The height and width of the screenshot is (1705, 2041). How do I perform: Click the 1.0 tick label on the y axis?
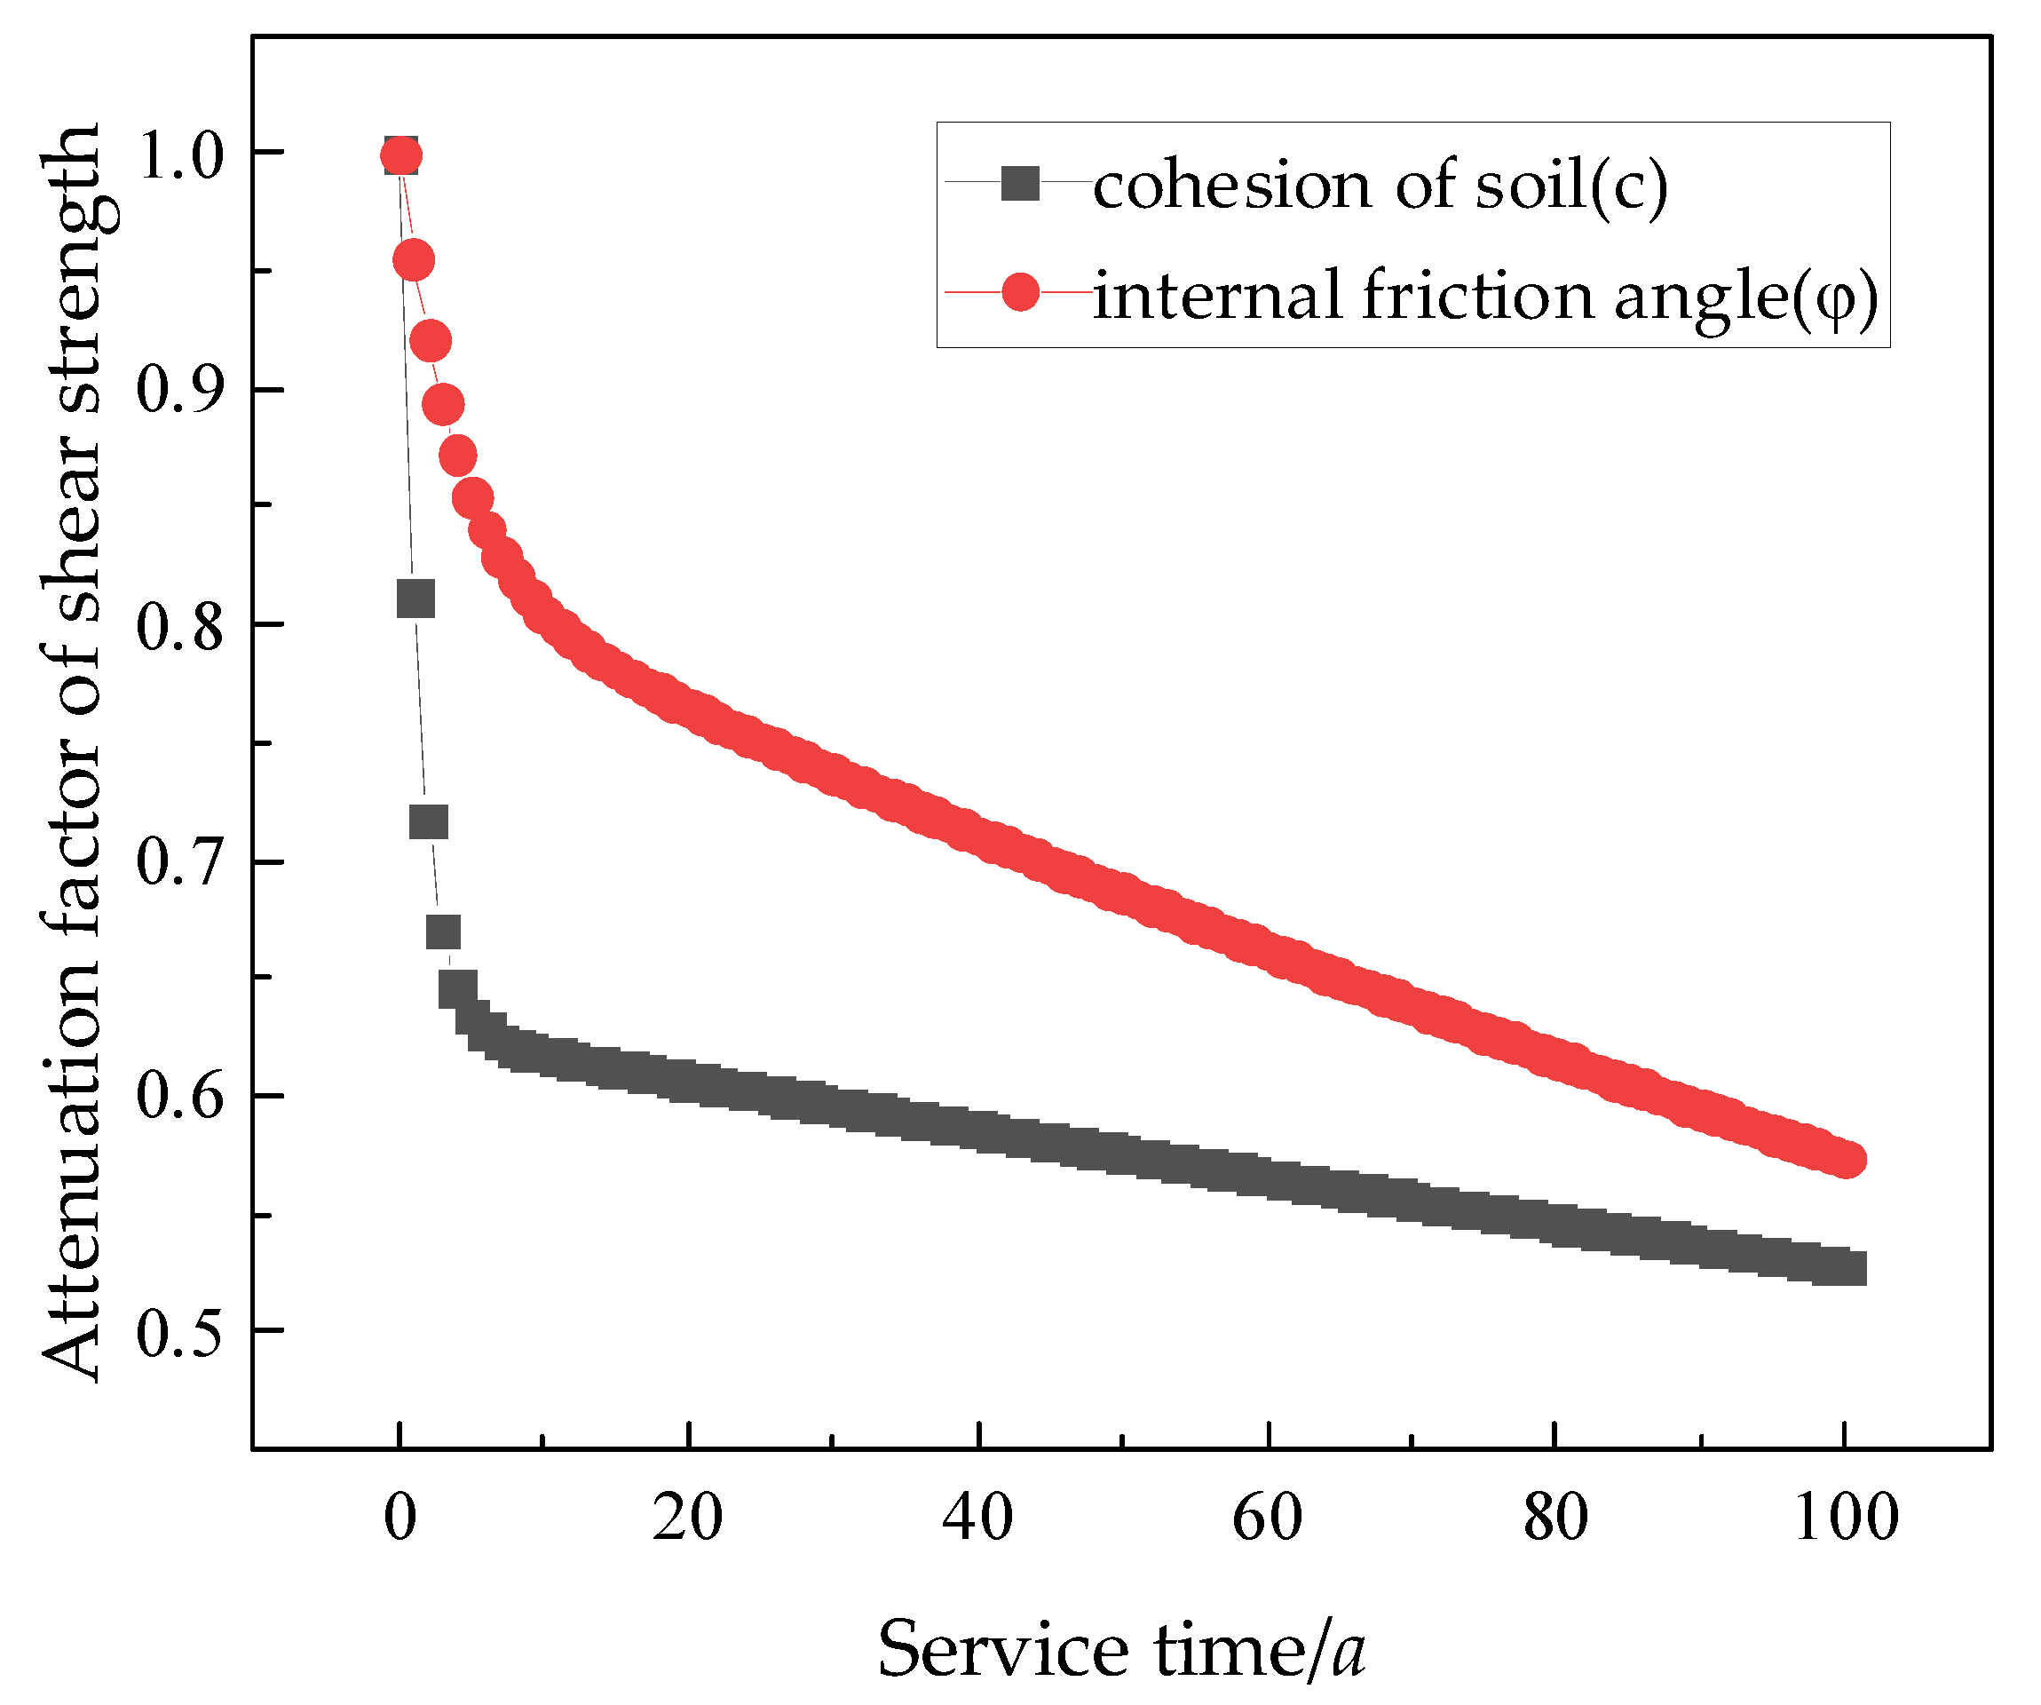(x=181, y=155)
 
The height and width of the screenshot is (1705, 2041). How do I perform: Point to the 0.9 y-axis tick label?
(x=181, y=392)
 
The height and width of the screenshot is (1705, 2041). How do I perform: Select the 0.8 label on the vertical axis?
(x=181, y=627)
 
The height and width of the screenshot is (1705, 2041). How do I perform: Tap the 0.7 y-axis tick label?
(x=181, y=863)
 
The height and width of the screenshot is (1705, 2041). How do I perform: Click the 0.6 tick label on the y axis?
(x=181, y=1097)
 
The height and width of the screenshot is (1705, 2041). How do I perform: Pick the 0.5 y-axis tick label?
(x=181, y=1333)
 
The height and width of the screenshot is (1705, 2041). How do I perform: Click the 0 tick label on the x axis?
(x=399, y=1517)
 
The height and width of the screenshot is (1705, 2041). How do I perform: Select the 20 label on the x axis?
(x=688, y=1517)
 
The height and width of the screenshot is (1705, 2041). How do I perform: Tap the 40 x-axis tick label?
(x=977, y=1517)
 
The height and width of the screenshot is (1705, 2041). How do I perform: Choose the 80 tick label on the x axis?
(x=1556, y=1517)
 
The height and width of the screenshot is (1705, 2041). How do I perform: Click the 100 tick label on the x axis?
(x=1845, y=1517)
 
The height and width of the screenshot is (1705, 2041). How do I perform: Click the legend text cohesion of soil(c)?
(x=1380, y=185)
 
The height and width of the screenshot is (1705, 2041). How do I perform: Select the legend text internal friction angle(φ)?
(x=1486, y=295)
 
